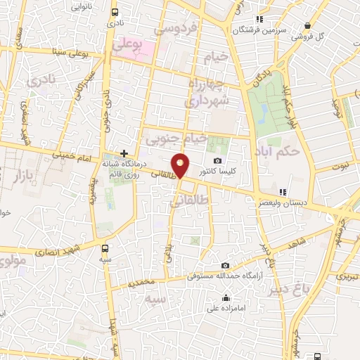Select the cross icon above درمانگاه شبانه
click(124, 153)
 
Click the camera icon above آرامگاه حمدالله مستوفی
click(225, 265)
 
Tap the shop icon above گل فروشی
click(307, 25)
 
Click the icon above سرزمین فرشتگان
click(259, 19)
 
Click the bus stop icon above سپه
click(105, 247)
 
